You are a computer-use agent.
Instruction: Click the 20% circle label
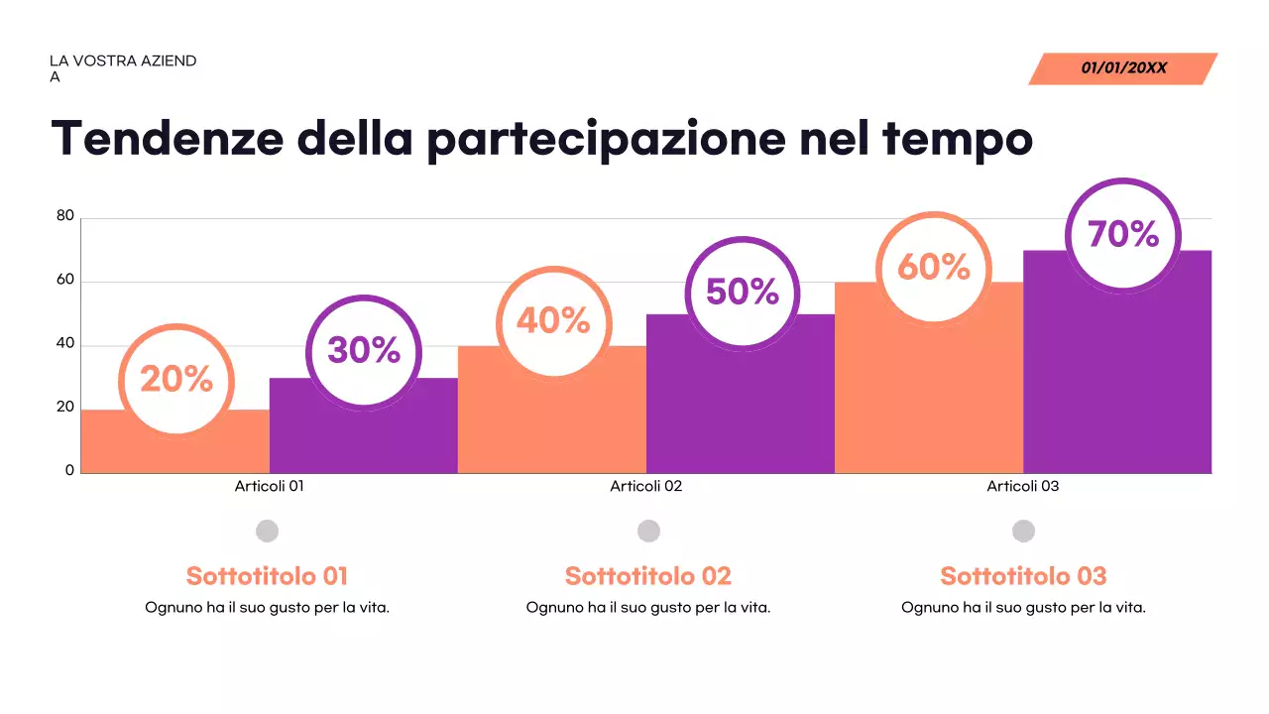click(176, 379)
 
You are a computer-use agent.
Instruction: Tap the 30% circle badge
click(364, 350)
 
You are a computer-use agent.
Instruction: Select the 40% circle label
click(552, 320)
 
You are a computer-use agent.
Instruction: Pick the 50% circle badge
click(743, 292)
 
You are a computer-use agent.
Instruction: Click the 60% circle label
click(933, 267)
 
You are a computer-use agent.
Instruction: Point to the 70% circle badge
click(1123, 235)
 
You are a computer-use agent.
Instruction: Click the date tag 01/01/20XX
click(1123, 68)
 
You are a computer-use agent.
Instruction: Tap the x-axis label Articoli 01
click(269, 486)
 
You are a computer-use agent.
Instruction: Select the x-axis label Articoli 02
click(645, 486)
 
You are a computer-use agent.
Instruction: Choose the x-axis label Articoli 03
click(1022, 486)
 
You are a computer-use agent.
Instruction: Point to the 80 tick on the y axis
click(65, 216)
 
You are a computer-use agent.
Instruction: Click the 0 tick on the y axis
click(69, 470)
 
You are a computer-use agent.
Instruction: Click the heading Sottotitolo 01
click(267, 576)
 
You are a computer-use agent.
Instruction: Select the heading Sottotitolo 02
click(647, 576)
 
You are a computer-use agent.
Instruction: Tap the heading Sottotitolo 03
click(1023, 576)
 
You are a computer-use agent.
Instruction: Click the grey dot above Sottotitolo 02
click(648, 531)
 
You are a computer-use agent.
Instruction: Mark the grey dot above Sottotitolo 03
click(1023, 531)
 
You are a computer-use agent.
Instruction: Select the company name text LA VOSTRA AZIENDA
click(123, 67)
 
